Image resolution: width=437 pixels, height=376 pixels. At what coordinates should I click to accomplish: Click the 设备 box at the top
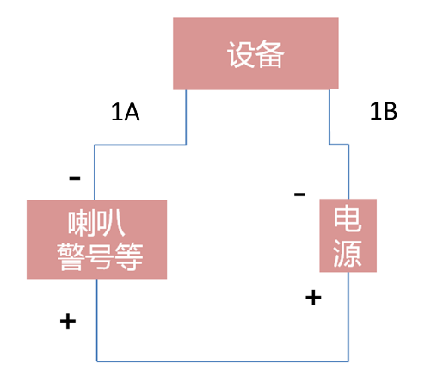[255, 54]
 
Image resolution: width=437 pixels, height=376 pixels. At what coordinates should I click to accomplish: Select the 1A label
[125, 113]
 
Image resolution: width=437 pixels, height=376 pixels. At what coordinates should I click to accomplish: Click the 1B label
[383, 113]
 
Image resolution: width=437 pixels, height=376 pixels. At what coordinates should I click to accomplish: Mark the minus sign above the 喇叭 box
[75, 178]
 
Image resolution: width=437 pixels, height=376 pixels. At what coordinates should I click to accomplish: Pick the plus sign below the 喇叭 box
[67, 321]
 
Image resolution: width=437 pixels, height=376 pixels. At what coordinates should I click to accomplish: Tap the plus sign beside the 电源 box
[314, 298]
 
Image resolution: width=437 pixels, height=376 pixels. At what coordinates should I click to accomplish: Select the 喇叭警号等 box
[96, 239]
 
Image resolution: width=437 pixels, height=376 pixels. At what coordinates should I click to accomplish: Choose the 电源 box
[348, 235]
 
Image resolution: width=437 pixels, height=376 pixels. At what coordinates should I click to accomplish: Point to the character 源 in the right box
[348, 253]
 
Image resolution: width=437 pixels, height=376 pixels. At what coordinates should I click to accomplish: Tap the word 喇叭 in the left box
[95, 225]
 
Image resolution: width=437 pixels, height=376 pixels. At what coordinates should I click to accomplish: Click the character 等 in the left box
[126, 256]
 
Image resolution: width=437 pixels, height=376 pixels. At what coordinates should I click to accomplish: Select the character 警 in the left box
[68, 256]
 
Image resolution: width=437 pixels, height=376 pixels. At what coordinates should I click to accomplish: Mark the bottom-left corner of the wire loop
[95, 360]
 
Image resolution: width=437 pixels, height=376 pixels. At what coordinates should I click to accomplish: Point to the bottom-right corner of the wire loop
[348, 360]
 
